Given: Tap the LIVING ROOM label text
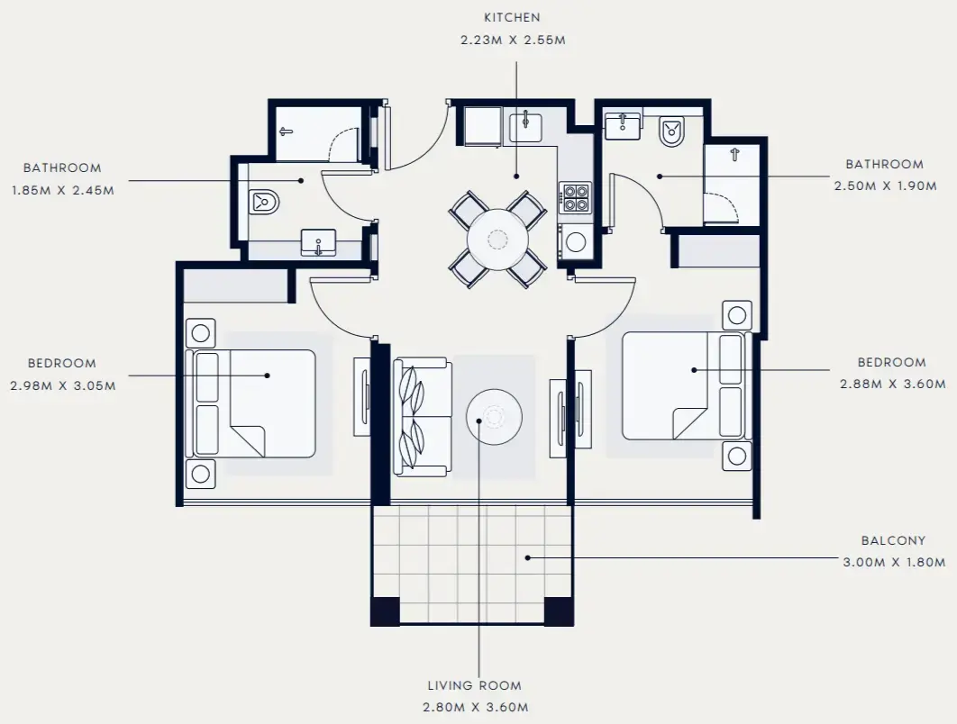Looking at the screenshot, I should [x=476, y=685].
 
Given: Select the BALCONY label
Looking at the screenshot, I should [x=892, y=541].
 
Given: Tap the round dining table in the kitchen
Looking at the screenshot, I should [x=497, y=239].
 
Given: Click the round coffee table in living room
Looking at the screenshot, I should [x=494, y=415].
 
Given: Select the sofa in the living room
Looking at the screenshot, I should [x=422, y=416].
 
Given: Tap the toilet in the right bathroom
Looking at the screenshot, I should [x=672, y=132].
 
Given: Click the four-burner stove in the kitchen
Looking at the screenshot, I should [x=575, y=198].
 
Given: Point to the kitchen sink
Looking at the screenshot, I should [x=524, y=126].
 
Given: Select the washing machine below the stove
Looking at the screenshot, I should [x=575, y=241].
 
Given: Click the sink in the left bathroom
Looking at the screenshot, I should [x=318, y=242].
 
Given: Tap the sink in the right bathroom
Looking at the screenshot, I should [x=622, y=126].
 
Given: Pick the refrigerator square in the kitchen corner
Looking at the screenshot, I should [x=482, y=124].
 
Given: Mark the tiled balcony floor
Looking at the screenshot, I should [x=471, y=563].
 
